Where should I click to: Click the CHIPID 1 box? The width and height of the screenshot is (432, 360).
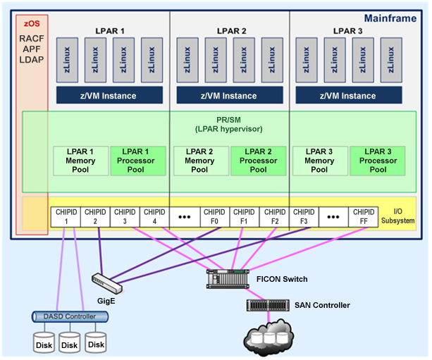click(x=65, y=216)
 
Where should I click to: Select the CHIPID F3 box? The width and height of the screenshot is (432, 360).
click(x=304, y=216)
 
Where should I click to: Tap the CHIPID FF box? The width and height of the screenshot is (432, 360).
click(x=364, y=216)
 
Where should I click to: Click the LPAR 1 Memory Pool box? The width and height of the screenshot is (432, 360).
click(x=80, y=160)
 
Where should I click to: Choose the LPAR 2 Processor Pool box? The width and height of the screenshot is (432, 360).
click(x=258, y=160)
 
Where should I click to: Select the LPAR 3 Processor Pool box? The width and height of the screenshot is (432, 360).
click(x=378, y=160)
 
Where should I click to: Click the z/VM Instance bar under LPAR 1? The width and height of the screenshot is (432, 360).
click(x=110, y=95)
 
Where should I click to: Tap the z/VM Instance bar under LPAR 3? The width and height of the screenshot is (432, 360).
click(x=348, y=95)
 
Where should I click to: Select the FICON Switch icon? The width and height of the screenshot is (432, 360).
click(x=228, y=279)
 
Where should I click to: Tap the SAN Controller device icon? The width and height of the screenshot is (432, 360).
click(x=268, y=305)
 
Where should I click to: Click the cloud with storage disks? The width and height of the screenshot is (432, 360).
click(x=268, y=337)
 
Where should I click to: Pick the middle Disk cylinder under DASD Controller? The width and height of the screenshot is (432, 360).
click(x=69, y=342)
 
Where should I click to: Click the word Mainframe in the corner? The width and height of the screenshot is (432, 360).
click(x=390, y=18)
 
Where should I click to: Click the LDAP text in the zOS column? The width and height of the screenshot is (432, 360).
click(x=31, y=60)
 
